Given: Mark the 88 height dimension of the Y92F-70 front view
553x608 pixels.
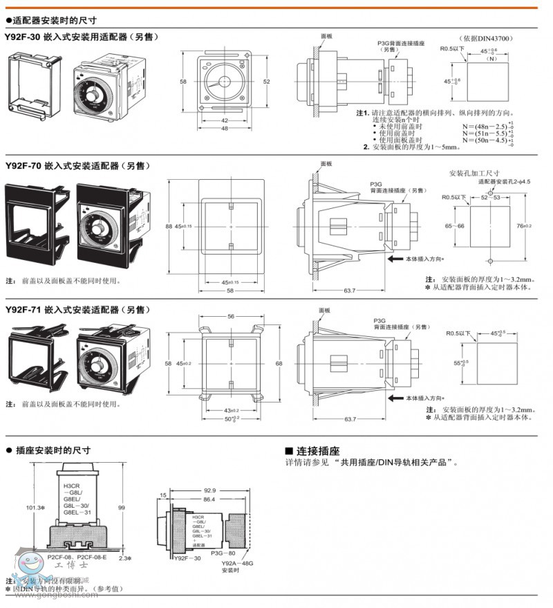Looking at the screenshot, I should (x=168, y=227).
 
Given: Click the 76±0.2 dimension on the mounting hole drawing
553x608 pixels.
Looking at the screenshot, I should (x=525, y=225).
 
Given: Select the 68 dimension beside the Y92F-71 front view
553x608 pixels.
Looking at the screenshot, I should (x=279, y=363).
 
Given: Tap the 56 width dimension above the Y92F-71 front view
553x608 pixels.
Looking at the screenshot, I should (x=230, y=317).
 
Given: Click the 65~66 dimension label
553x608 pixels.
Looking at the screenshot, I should (x=455, y=225).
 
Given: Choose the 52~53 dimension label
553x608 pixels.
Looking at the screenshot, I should (x=489, y=197).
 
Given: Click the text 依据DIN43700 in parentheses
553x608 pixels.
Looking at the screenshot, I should (x=489, y=39).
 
